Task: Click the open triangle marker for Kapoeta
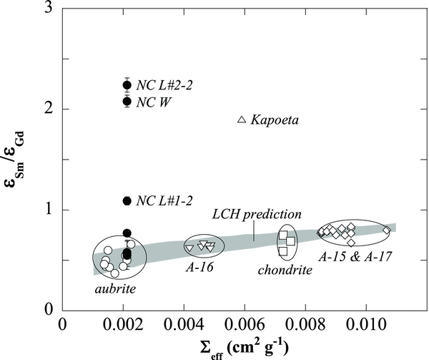click(241, 119)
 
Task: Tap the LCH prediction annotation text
click(258, 214)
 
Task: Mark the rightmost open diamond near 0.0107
click(386, 230)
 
